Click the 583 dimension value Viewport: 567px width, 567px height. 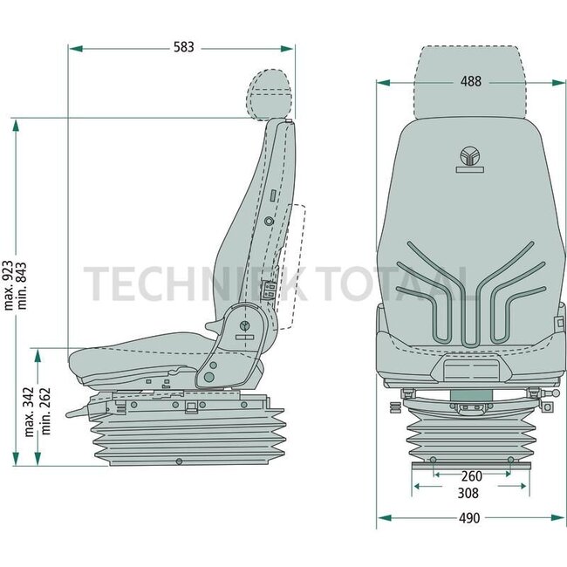182,47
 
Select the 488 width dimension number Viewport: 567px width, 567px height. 470,82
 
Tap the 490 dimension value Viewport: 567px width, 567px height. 470,517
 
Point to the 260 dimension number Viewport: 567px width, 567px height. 470,475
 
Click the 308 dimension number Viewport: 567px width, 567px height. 470,492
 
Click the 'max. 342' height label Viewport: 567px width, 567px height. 30,412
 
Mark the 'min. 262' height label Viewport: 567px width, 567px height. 44,412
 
